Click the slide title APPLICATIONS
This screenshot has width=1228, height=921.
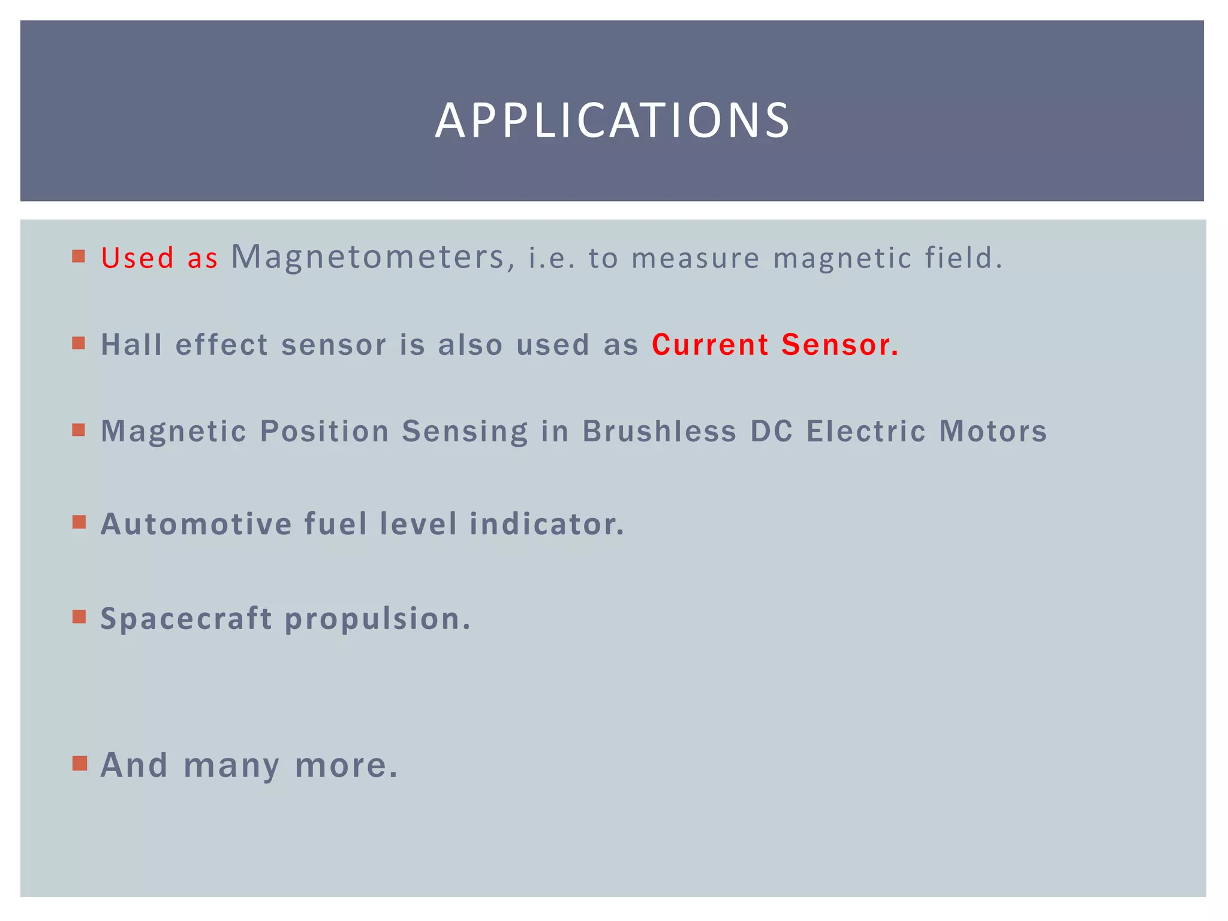[612, 121]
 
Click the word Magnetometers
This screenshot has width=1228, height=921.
[368, 257]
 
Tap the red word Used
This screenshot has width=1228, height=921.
[137, 258]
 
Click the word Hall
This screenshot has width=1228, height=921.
[131, 345]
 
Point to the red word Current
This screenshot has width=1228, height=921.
[710, 345]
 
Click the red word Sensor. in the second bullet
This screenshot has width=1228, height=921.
[840, 345]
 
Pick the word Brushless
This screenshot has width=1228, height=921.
[659, 431]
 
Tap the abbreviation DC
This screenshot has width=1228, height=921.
[772, 431]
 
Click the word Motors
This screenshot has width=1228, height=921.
[993, 431]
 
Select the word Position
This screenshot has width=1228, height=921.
[324, 431]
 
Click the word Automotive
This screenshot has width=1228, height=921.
[196, 523]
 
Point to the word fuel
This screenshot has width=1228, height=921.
[335, 523]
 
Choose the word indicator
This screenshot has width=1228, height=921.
[547, 523]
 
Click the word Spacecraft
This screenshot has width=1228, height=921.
[186, 618]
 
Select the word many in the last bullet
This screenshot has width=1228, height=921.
[231, 766]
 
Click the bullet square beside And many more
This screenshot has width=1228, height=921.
[79, 763]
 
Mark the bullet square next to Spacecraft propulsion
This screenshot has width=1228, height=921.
[79, 616]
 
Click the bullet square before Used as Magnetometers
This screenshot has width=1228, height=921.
[79, 257]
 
